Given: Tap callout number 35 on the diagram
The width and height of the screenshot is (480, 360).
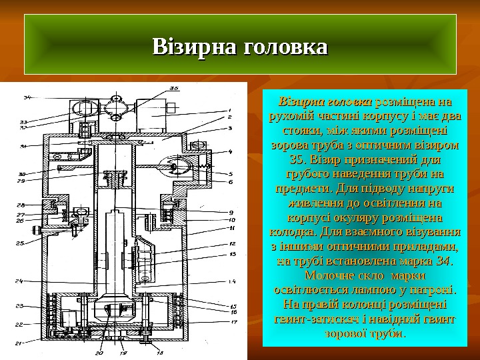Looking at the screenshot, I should (173, 87).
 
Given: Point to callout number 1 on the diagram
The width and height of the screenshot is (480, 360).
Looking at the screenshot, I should (229, 111).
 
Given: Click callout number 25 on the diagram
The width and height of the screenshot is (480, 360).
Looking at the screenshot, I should (20, 243).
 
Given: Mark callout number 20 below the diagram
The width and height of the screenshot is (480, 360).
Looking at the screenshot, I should (99, 351).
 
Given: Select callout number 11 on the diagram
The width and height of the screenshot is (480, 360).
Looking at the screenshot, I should (232, 228).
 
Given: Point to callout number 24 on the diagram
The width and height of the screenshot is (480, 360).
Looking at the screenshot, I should (20, 280).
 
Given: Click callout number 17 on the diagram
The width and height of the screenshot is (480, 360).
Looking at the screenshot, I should (233, 322).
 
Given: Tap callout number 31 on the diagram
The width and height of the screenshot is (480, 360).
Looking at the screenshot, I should (22, 146).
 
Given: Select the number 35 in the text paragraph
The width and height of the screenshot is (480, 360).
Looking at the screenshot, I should (298, 159).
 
